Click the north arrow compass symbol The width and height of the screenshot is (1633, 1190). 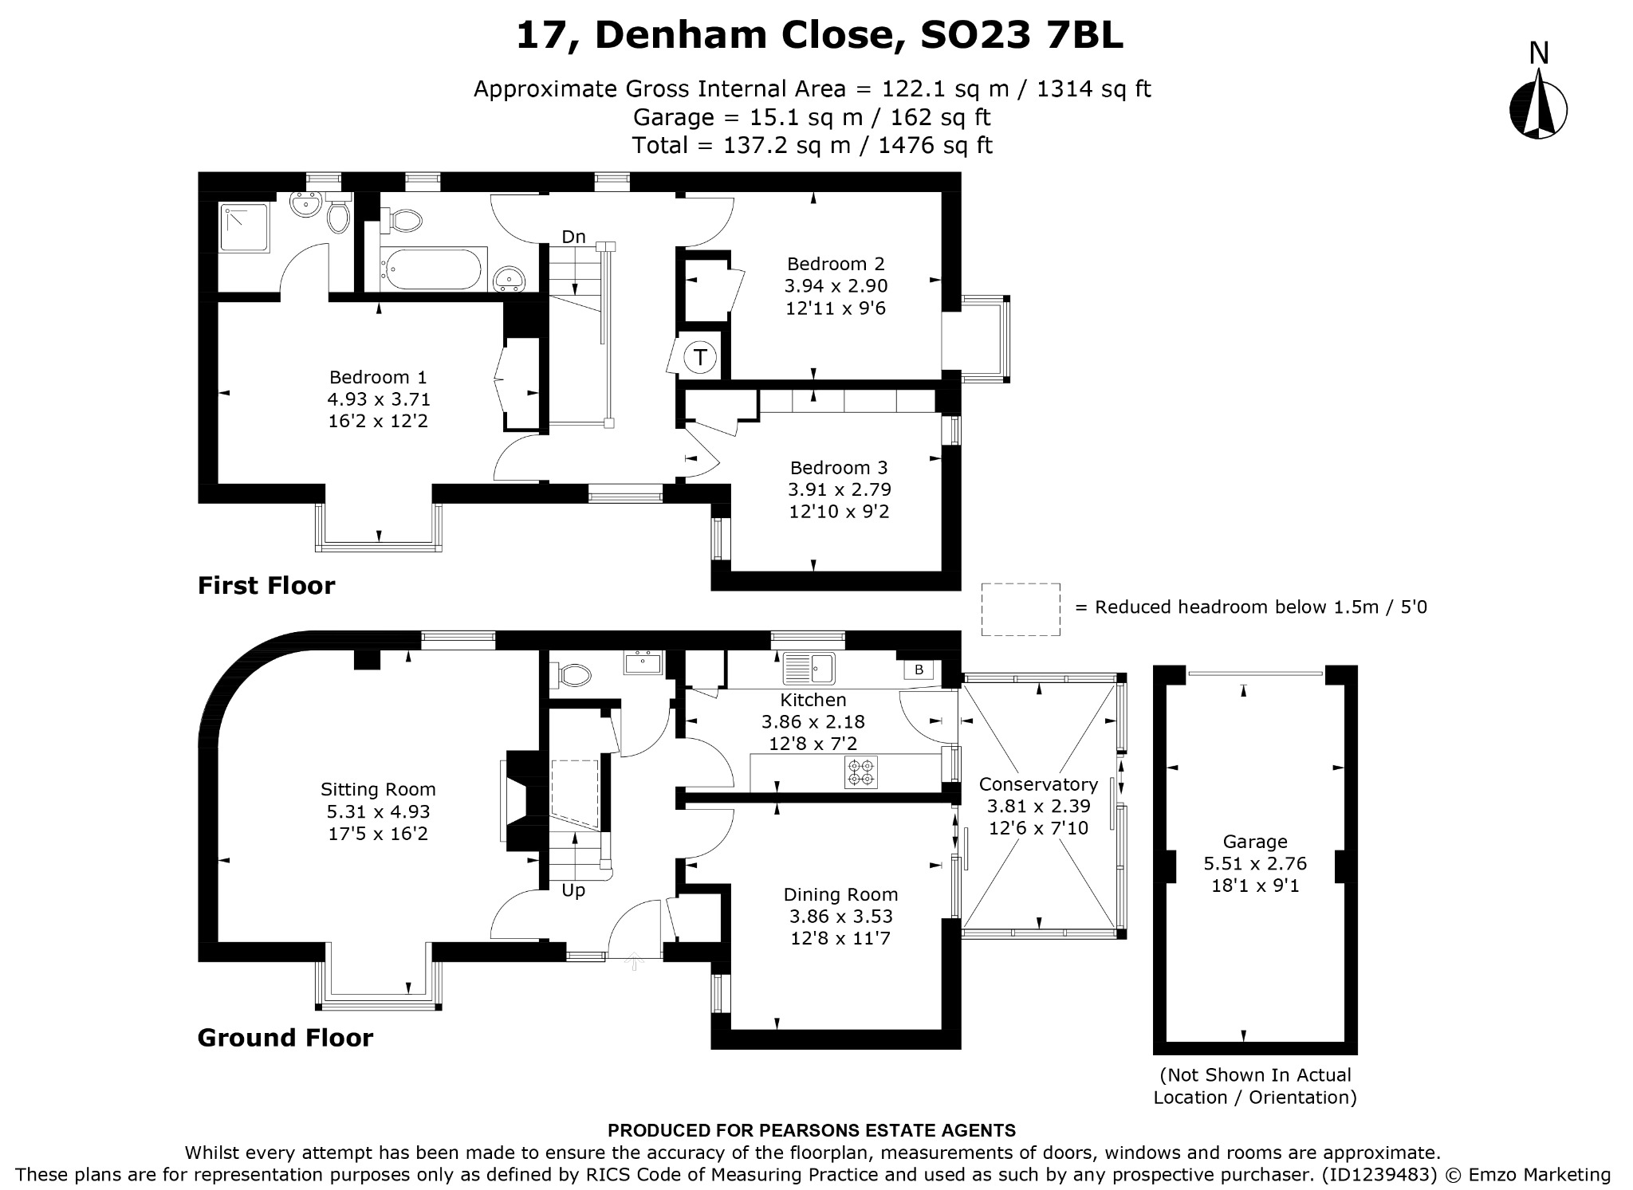pyautogui.click(x=1538, y=110)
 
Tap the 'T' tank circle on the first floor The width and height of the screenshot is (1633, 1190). pyautogui.click(x=700, y=357)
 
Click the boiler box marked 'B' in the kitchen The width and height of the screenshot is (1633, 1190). pyautogui.click(x=919, y=670)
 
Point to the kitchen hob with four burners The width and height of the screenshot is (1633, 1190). pyautogui.click(x=861, y=772)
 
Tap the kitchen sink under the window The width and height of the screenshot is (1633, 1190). pyautogui.click(x=809, y=668)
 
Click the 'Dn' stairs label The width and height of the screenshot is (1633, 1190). pyautogui.click(x=573, y=237)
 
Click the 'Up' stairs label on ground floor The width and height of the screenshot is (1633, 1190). pyautogui.click(x=573, y=891)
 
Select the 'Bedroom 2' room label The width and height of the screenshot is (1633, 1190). pyautogui.click(x=836, y=264)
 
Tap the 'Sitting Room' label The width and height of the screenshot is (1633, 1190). pyautogui.click(x=378, y=790)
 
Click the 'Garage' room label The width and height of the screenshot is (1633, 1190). pyautogui.click(x=1255, y=842)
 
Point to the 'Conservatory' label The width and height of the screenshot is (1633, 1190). pyautogui.click(x=1038, y=784)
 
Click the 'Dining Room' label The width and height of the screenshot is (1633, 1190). pyautogui.click(x=840, y=895)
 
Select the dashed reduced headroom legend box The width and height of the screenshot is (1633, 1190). pyautogui.click(x=1021, y=609)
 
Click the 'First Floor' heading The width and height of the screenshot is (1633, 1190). pyautogui.click(x=266, y=586)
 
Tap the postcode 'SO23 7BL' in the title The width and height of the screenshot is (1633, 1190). pyautogui.click(x=1021, y=35)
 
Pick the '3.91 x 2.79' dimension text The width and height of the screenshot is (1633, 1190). pyautogui.click(x=840, y=489)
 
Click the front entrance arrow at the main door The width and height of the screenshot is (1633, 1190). pyautogui.click(x=635, y=960)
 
